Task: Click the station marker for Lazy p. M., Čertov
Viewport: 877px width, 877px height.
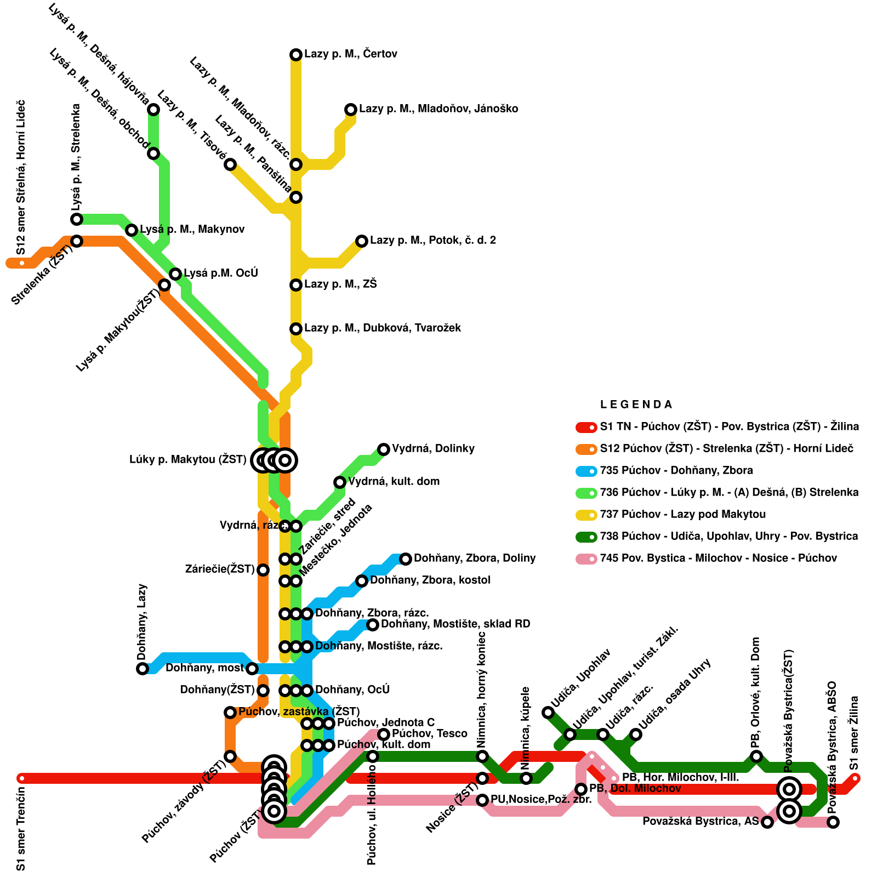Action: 296,54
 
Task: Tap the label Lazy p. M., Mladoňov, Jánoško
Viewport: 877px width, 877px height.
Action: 438,109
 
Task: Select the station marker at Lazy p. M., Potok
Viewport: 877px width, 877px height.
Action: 362,241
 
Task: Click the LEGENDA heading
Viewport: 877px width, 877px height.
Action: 636,405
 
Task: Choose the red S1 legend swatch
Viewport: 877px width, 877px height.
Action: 586,427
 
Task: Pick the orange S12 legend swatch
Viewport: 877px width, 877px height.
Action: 586,449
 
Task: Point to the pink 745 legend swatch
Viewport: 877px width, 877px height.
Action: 586,559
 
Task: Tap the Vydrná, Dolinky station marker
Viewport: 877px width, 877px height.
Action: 384,449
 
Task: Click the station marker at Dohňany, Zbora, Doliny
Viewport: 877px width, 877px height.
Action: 406,559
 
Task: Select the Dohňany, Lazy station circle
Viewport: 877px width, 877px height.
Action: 143,668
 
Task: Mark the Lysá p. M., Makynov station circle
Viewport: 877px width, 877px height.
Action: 132,230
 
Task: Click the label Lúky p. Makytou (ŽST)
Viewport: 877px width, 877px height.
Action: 188,460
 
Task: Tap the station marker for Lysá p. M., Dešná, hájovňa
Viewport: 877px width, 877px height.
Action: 153,110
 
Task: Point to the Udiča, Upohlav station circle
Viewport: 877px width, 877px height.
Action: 548,712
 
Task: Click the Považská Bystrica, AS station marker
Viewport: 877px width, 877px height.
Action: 767,822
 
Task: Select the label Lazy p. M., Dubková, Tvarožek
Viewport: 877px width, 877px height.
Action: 383,328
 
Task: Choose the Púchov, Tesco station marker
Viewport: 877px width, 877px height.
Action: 384,734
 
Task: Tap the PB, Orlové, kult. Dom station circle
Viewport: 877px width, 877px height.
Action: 756,756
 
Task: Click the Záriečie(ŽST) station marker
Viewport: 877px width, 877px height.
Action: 263,570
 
